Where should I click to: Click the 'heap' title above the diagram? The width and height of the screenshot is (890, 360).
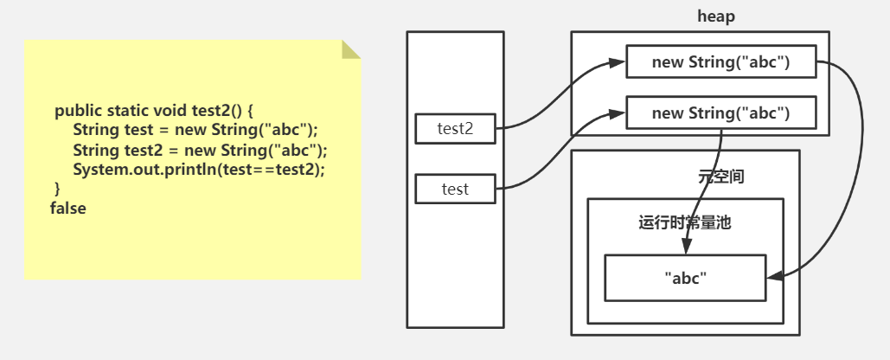[x=716, y=16]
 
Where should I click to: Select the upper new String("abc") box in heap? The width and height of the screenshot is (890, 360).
[x=720, y=62]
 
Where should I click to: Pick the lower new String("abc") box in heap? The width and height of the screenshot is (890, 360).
[x=720, y=112]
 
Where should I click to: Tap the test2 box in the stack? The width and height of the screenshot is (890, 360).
[x=455, y=129]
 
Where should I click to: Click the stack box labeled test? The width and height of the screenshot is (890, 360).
[x=455, y=189]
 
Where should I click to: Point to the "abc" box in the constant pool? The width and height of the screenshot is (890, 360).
[x=685, y=278]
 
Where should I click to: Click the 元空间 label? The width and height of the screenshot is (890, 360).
[x=720, y=177]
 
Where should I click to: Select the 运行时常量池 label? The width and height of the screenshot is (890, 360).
[x=685, y=222]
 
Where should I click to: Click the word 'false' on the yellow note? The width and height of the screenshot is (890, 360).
[x=68, y=208]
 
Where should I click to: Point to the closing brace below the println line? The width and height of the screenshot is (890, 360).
[x=58, y=188]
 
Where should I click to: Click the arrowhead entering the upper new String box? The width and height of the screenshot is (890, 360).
[x=621, y=62]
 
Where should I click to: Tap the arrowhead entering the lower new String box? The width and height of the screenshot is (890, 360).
[x=621, y=112]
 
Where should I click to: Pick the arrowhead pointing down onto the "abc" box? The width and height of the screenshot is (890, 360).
[x=685, y=249]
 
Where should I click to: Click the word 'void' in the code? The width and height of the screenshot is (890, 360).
[x=170, y=111]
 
